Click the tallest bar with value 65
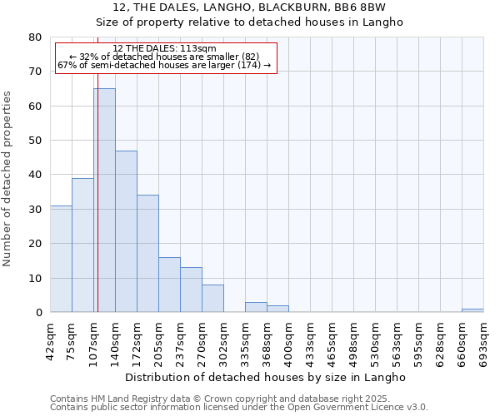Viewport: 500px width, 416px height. [x=104, y=200]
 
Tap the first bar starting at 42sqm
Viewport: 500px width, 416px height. [x=61, y=259]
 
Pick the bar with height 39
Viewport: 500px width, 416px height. [x=82, y=245]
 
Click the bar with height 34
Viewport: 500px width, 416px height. [x=147, y=254]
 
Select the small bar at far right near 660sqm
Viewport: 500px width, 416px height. [x=472, y=310]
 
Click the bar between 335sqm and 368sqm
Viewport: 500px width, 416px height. [x=256, y=307]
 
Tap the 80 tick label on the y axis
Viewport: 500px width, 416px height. [x=34, y=37]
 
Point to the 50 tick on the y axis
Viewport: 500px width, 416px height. [x=34, y=141]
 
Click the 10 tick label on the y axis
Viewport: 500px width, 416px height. [x=34, y=278]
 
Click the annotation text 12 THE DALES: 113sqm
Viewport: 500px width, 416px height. [x=164, y=48]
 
